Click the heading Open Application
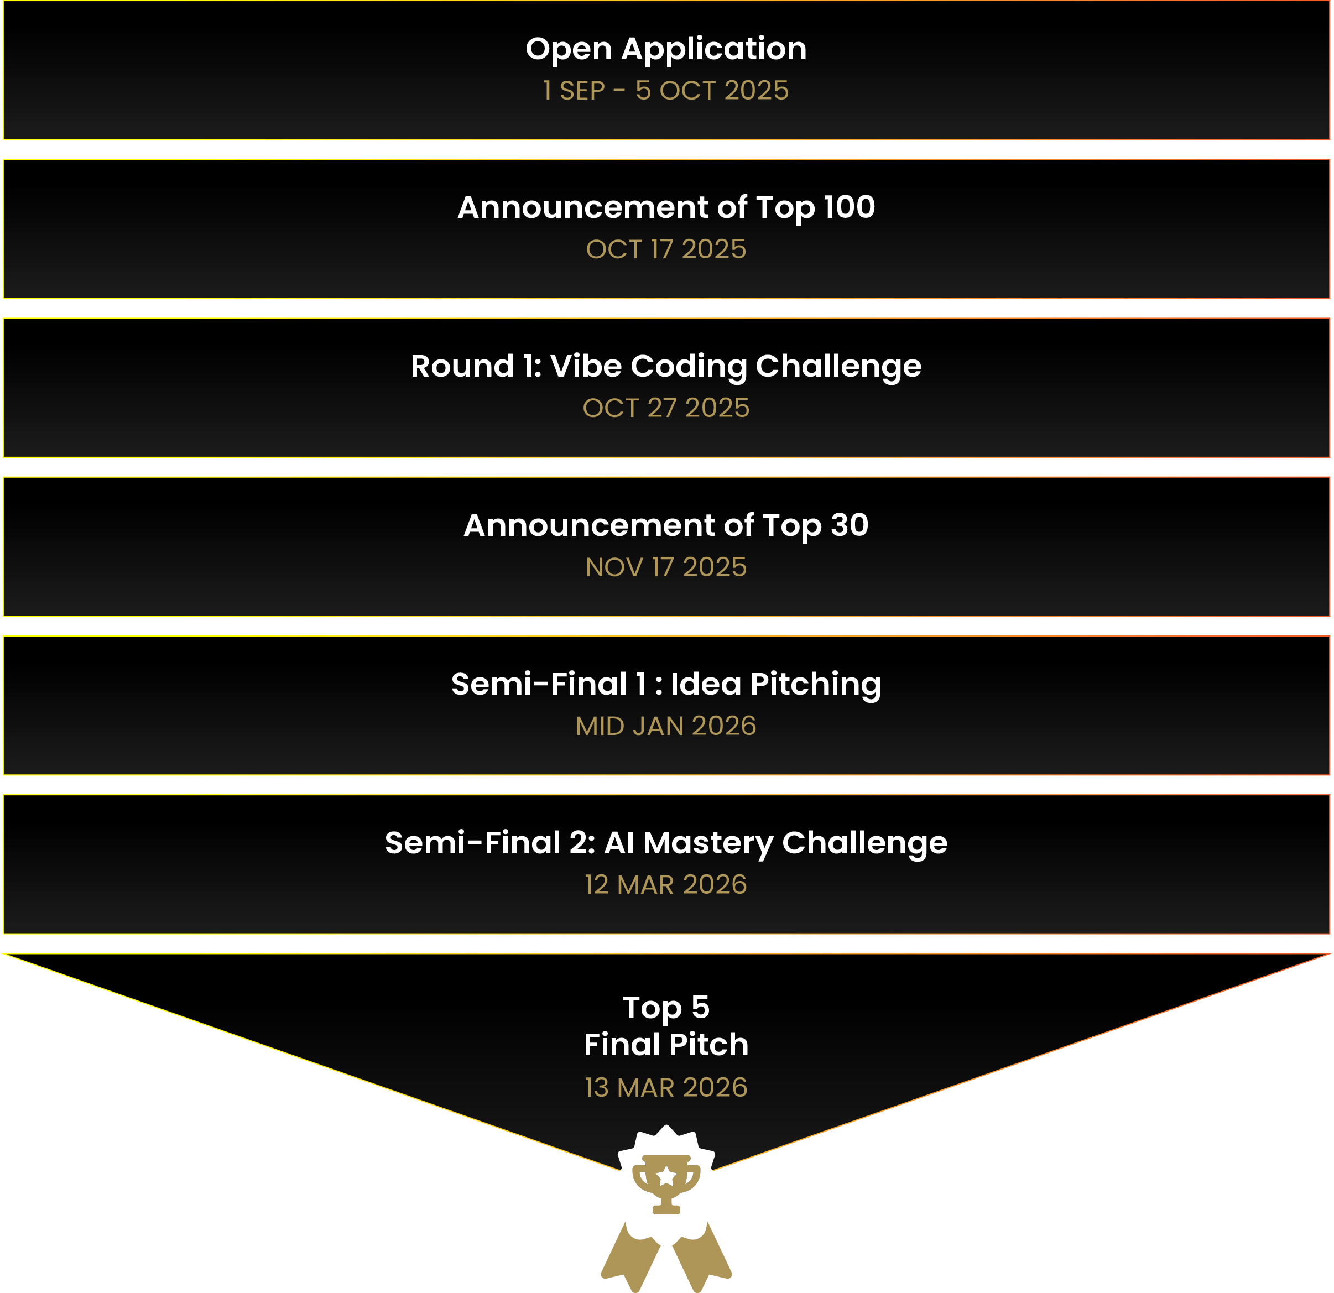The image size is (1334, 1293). [666, 49]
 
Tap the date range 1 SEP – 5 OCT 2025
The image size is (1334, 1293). [666, 91]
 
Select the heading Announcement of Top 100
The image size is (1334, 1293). [666, 207]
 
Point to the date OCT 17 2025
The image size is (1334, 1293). [666, 249]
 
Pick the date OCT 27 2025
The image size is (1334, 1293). [666, 408]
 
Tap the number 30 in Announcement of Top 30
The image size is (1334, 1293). [850, 525]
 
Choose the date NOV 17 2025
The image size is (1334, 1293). [666, 567]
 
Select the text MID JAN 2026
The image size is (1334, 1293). [666, 726]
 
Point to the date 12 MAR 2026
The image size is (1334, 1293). [666, 885]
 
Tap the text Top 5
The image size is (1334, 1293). [666, 1008]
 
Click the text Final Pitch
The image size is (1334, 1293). [666, 1045]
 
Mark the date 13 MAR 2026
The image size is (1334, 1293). [666, 1087]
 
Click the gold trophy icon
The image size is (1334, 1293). [666, 1184]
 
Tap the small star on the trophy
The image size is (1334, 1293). [666, 1176]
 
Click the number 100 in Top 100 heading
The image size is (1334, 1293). [850, 207]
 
